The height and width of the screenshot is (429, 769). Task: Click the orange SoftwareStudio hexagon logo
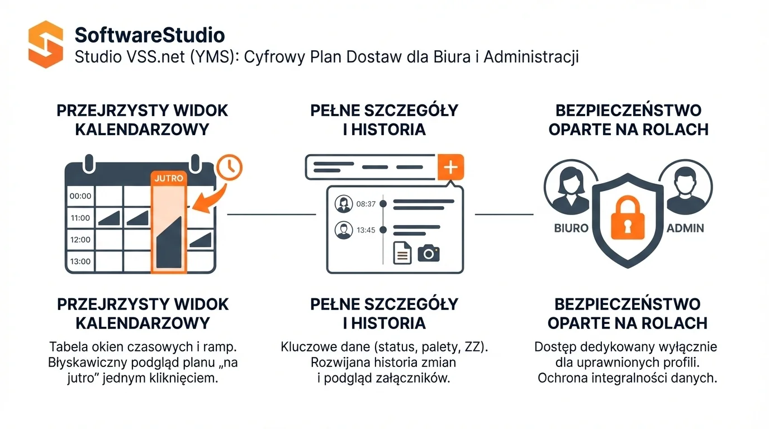pos(45,44)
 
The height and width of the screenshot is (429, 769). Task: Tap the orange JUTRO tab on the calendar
pos(168,178)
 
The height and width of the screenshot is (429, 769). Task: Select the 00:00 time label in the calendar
pos(80,196)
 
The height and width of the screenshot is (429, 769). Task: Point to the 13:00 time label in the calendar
pos(80,261)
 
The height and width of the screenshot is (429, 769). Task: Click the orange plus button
pos(451,167)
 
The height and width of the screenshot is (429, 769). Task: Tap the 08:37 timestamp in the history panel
pos(366,204)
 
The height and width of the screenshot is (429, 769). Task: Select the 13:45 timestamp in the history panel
pos(366,230)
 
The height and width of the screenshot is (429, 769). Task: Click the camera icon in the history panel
pos(429,253)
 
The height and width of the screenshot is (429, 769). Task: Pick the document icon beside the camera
pos(402,253)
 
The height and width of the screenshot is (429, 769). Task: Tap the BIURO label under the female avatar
pos(571,228)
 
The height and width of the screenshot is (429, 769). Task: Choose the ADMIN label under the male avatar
pos(685,228)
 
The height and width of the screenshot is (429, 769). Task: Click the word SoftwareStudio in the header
pos(150,35)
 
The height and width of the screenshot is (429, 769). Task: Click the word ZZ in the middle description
pos(475,346)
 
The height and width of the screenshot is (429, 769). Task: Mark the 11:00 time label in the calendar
pos(80,218)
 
